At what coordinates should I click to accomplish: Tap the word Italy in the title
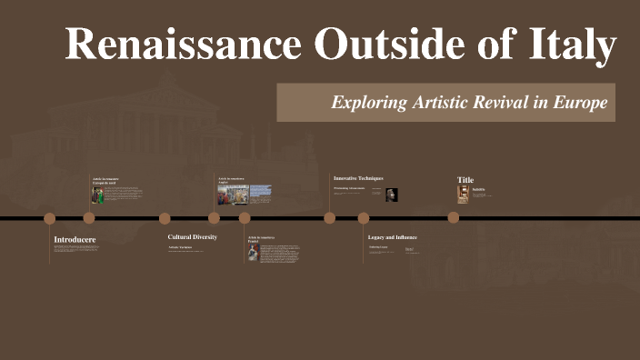click(x=573, y=45)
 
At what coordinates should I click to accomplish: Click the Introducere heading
click(x=75, y=240)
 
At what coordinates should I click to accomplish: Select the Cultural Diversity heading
click(x=193, y=236)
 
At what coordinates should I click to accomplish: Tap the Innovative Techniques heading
click(x=358, y=178)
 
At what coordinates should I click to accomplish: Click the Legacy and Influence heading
click(x=393, y=236)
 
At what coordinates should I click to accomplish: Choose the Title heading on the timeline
click(x=465, y=180)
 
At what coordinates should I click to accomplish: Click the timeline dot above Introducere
click(x=50, y=218)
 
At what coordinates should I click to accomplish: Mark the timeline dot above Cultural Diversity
click(x=165, y=218)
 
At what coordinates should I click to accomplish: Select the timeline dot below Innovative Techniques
click(x=329, y=218)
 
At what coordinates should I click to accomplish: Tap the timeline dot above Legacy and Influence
click(x=364, y=218)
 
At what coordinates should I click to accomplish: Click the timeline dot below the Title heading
click(x=454, y=218)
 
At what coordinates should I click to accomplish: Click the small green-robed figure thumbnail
click(x=98, y=195)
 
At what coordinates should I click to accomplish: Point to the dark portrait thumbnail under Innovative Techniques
click(x=392, y=195)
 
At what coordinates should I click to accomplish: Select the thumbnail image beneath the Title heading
click(x=464, y=194)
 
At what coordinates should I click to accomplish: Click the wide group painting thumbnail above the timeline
click(x=233, y=195)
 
